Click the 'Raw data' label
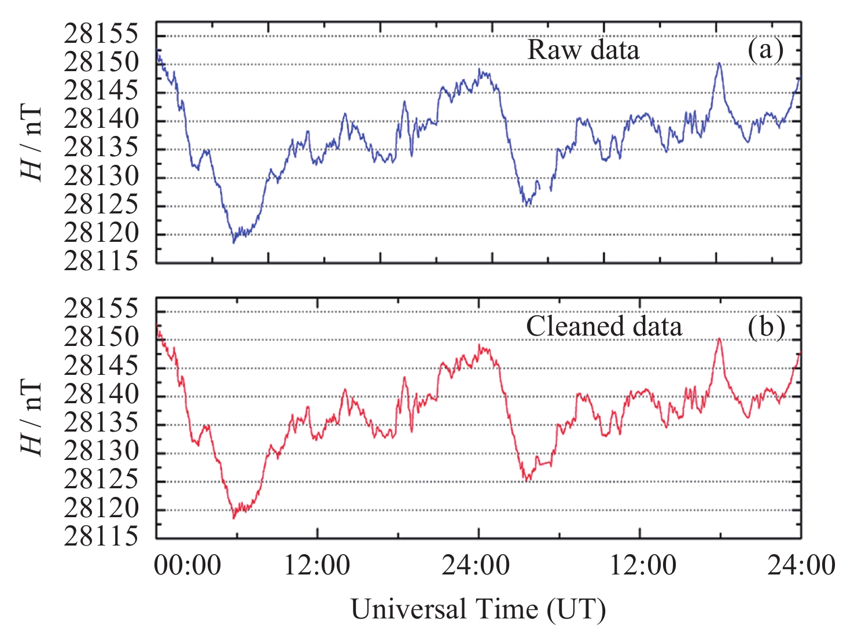coord(583,50)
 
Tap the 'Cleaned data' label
coord(603,326)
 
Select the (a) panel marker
coord(765,50)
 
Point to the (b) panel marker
coord(765,326)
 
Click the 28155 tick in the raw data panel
coord(101,34)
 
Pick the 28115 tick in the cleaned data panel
coord(101,537)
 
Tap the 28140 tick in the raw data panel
coord(101,120)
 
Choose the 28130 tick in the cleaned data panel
coord(101,451)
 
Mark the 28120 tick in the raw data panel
coord(101,234)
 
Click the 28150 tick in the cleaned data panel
coord(101,337)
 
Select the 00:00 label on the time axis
coord(187,565)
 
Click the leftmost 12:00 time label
coord(317,565)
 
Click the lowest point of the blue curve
coord(234,242)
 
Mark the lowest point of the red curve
coord(234,518)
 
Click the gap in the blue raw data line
coord(545,186)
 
